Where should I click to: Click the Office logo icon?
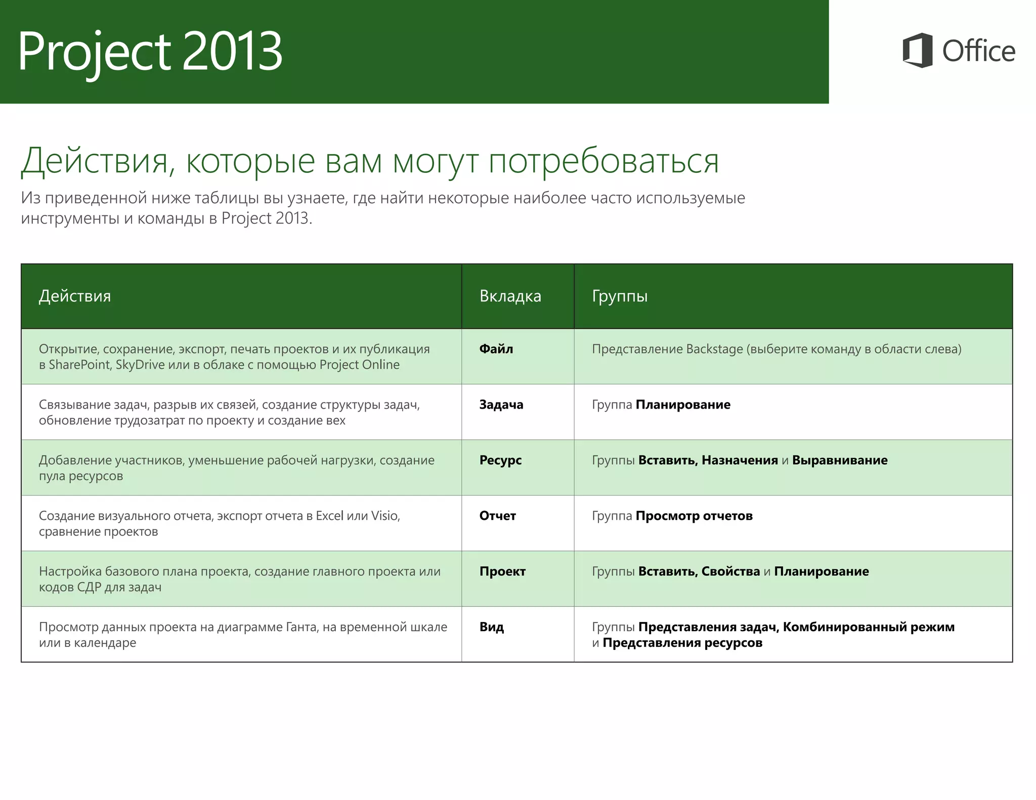[917, 50]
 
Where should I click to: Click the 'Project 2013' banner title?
[150, 51]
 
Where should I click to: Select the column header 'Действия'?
[75, 296]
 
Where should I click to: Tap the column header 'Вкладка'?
[510, 296]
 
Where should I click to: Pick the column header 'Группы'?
[620, 296]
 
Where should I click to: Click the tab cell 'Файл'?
[496, 349]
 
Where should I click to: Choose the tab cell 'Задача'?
[501, 405]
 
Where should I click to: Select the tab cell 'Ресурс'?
[500, 460]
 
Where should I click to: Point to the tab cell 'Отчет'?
[497, 516]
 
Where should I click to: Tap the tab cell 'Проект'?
[502, 571]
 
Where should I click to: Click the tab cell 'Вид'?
[491, 627]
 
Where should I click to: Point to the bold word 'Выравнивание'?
[839, 460]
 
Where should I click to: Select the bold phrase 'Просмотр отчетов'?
[694, 516]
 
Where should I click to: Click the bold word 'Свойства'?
[730, 571]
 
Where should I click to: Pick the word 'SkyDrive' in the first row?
[140, 365]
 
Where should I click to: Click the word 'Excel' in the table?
[329, 516]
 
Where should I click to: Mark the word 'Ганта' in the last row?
[301, 627]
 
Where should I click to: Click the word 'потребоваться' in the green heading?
[603, 161]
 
